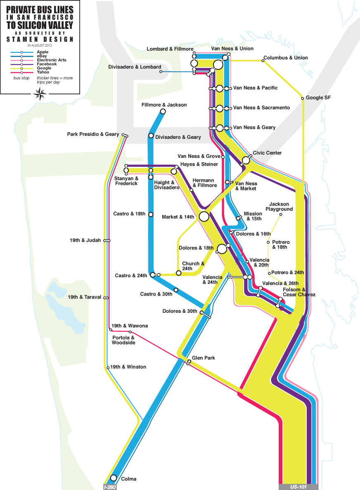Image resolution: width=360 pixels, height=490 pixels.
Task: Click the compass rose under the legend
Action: pyautogui.click(x=40, y=95)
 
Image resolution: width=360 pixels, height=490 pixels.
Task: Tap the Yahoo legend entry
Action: pyautogui.click(x=43, y=72)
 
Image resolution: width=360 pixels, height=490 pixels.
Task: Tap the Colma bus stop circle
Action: pyautogui.click(x=114, y=478)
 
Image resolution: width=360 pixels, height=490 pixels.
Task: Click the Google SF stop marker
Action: pyautogui.click(x=303, y=98)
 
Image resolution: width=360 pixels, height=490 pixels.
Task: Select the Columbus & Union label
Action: pyautogui.click(x=285, y=58)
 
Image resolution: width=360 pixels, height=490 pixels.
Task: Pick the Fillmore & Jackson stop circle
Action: pyautogui.click(x=163, y=112)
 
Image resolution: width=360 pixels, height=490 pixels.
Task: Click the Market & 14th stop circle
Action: pyautogui.click(x=204, y=216)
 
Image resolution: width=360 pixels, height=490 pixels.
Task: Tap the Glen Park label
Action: pyautogui.click(x=204, y=358)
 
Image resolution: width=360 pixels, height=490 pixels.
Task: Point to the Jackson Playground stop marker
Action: pyautogui.click(x=280, y=214)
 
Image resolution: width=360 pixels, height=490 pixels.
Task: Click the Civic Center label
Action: pyautogui.click(x=267, y=153)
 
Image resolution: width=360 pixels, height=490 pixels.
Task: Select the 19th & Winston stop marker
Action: pyautogui.click(x=108, y=367)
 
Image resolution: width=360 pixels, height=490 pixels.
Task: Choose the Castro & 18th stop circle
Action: pyautogui.click(x=151, y=214)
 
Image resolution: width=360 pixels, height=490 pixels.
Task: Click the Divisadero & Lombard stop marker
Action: pyautogui.click(x=161, y=71)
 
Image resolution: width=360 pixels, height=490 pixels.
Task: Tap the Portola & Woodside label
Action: pyautogui.click(x=123, y=340)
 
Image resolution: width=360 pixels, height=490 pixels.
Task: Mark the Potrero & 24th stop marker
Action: pyautogui.click(x=269, y=273)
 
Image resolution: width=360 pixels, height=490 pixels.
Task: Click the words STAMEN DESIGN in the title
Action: pyautogui.click(x=40, y=39)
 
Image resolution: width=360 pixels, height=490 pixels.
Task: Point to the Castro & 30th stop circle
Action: pyautogui.click(x=176, y=290)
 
